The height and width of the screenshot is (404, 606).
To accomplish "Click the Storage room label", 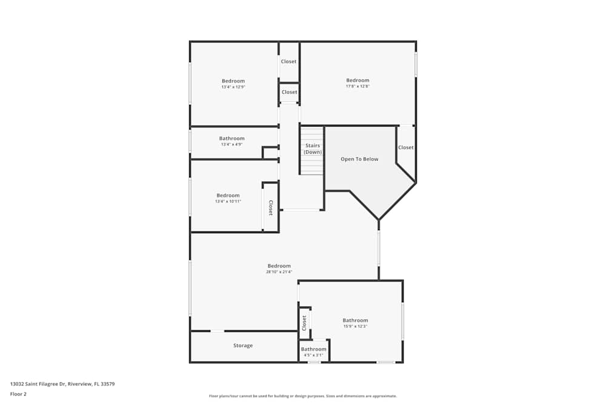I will (243, 346).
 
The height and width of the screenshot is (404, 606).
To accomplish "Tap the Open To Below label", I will (359, 159).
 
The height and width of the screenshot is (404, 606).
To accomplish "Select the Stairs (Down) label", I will (313, 149).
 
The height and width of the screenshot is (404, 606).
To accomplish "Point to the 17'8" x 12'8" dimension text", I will (358, 87).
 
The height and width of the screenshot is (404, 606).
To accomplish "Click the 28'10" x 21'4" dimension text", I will (279, 272).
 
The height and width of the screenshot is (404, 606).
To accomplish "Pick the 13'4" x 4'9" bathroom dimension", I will (232, 145).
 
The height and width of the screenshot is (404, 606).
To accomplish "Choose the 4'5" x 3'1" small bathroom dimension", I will (314, 355).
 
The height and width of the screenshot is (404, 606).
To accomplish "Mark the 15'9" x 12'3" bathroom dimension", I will (355, 326).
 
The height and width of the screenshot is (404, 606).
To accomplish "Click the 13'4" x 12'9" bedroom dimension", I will (233, 87).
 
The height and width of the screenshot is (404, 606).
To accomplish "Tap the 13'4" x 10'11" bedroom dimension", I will (228, 202).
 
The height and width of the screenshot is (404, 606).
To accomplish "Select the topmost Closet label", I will (288, 62).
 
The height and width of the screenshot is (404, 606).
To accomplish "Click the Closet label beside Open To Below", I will (406, 148).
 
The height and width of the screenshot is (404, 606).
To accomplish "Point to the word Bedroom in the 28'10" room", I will (279, 266).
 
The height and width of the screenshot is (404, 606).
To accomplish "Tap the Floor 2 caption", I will (19, 394).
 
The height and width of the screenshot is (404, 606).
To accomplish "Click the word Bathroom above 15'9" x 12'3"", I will (355, 320).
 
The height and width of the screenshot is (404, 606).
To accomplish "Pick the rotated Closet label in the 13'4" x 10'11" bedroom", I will (271, 208).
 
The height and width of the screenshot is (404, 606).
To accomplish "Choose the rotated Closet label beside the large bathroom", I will (305, 322).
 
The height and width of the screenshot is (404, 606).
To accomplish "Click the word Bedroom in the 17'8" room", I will (358, 81).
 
